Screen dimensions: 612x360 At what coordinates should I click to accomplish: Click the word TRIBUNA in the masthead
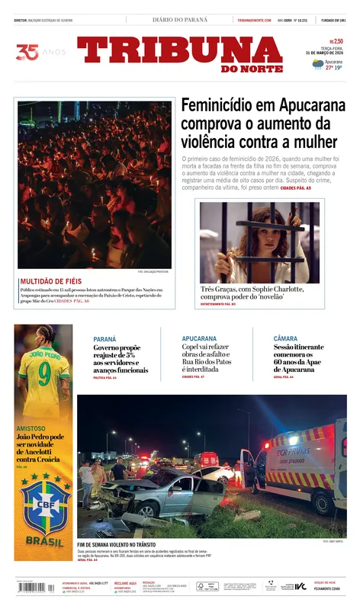coord(179,51)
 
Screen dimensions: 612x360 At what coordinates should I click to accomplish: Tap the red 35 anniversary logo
coord(27,53)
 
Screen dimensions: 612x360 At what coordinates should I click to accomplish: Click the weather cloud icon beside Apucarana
coord(317,65)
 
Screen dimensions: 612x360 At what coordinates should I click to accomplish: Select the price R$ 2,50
coord(336,42)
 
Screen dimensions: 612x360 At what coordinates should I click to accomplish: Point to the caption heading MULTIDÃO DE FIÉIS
coord(50,281)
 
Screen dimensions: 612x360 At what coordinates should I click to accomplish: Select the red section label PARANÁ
coord(104,338)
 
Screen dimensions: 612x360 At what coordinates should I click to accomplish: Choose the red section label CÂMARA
coord(285,338)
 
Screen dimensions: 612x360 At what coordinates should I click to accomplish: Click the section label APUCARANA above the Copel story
coord(199,338)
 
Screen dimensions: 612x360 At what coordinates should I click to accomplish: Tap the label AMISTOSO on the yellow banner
coord(31,428)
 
